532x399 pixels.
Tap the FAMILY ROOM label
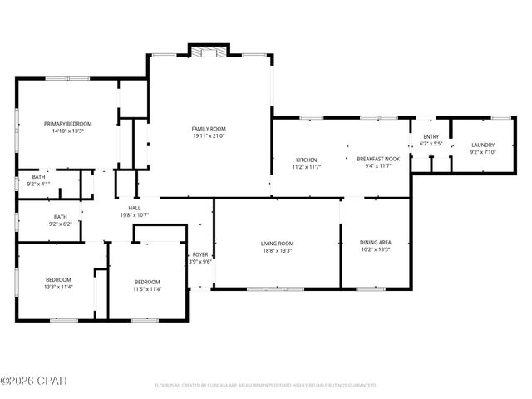(209, 129)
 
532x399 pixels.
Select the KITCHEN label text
(306, 160)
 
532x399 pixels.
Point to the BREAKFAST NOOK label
(378, 160)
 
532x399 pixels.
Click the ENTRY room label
(431, 137)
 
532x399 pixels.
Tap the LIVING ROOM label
(278, 243)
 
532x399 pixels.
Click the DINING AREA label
(376, 243)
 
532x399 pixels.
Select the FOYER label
(200, 254)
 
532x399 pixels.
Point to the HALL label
(134, 208)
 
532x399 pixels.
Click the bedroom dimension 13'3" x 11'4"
(58, 287)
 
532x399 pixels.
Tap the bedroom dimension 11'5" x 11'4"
(147, 289)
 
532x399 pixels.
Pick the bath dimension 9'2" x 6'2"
(61, 224)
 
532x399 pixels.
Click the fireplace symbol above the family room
(204, 52)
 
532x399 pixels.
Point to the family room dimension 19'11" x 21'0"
(209, 136)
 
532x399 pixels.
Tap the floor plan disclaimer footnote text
(265, 386)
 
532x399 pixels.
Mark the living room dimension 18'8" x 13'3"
(278, 250)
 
